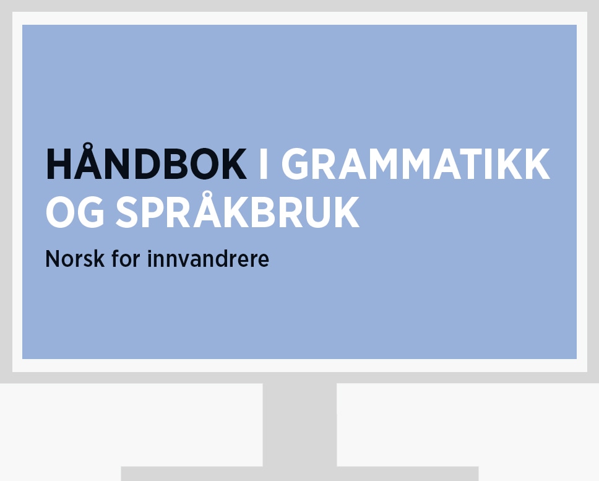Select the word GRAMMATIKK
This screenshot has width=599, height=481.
(416, 163)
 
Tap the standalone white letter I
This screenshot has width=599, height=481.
(263, 163)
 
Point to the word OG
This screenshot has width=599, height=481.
(75, 212)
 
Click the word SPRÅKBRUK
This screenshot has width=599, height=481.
(238, 209)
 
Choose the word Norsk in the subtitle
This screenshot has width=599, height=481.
(75, 259)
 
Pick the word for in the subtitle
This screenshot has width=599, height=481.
(126, 258)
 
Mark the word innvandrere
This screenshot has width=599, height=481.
(208, 259)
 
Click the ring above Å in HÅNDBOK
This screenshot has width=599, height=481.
(88, 147)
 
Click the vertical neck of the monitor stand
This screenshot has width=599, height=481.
(299, 425)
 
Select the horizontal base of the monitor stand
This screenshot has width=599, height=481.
(299, 474)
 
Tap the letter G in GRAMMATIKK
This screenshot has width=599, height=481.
(295, 163)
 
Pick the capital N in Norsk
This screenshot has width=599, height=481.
(53, 259)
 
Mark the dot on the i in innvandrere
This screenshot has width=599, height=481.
(149, 251)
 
